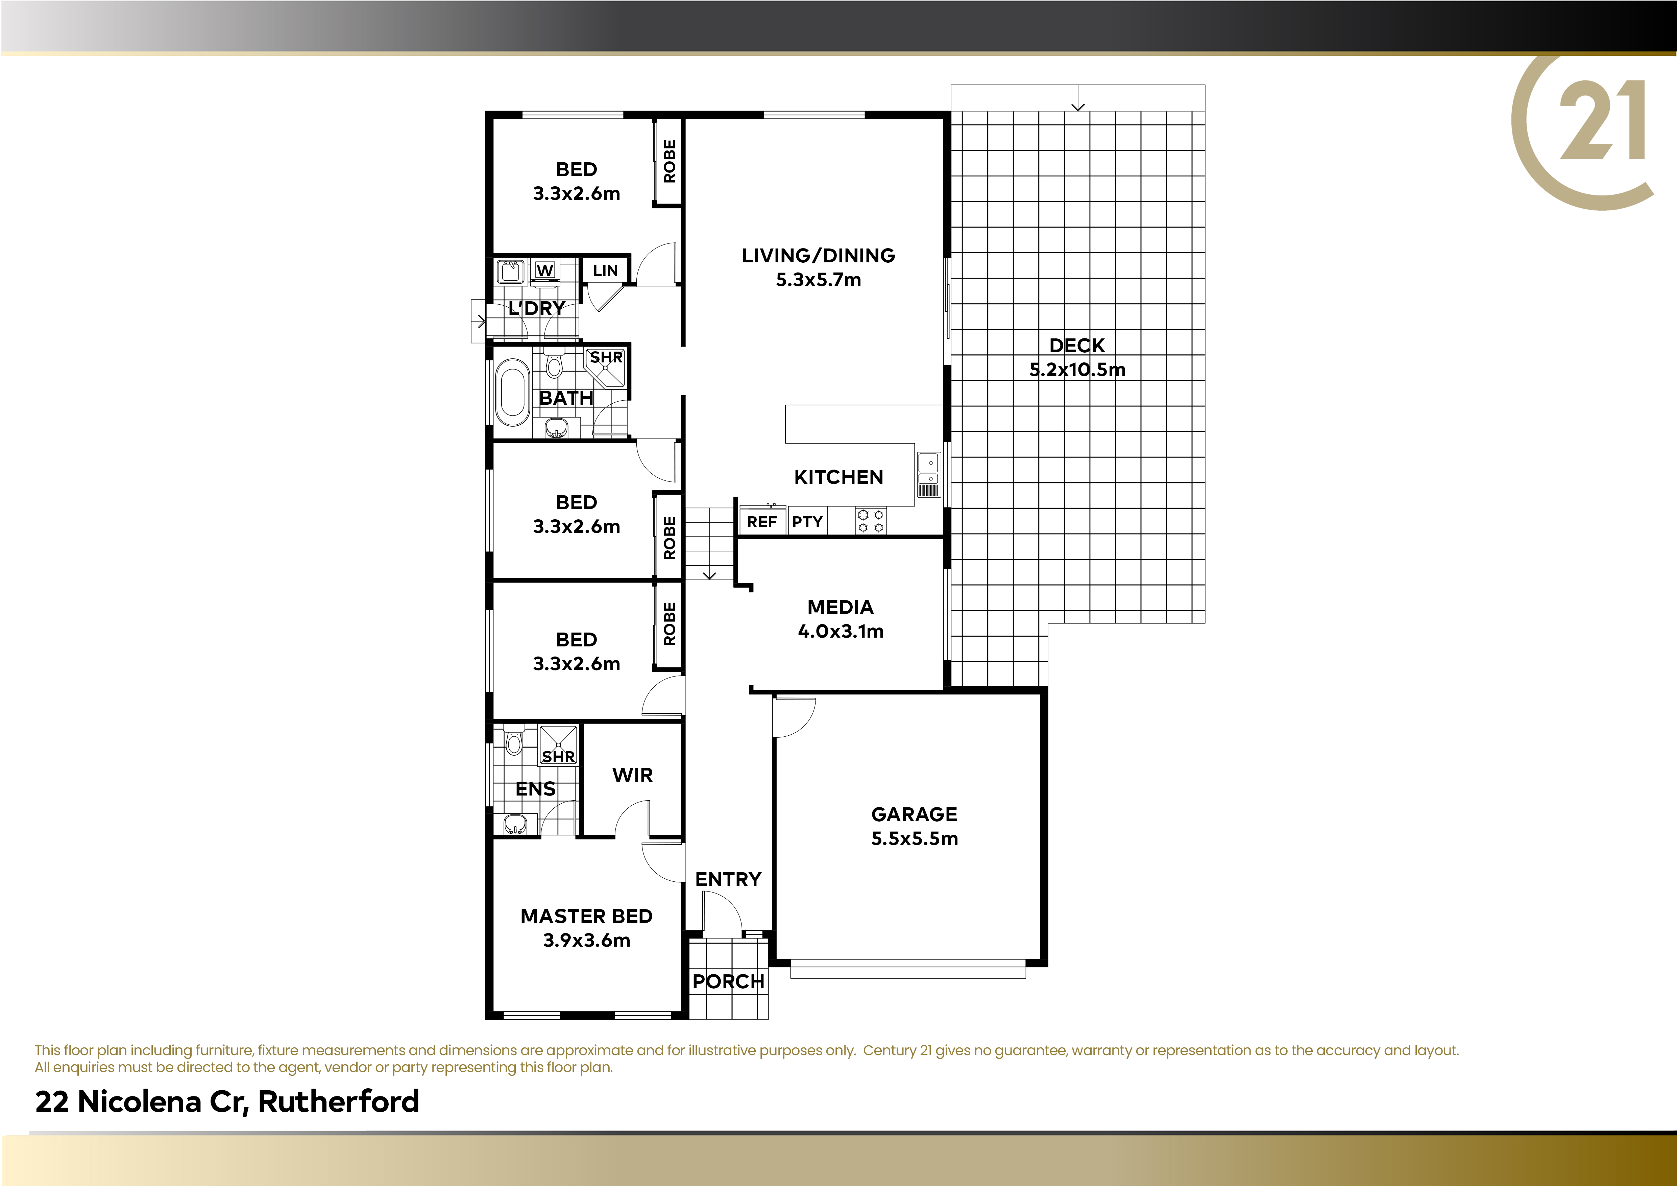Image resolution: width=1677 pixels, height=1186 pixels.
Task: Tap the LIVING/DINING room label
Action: click(818, 256)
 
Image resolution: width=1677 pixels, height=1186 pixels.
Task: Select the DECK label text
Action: click(1077, 346)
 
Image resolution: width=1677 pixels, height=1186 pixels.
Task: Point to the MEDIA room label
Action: click(841, 607)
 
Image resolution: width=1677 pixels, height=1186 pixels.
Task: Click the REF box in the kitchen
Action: click(762, 522)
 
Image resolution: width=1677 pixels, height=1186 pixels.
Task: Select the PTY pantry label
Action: click(807, 522)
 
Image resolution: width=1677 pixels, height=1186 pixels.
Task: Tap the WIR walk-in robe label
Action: click(633, 775)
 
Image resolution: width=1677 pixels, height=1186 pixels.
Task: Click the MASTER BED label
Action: click(586, 916)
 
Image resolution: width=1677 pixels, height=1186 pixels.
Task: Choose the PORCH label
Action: click(728, 981)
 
